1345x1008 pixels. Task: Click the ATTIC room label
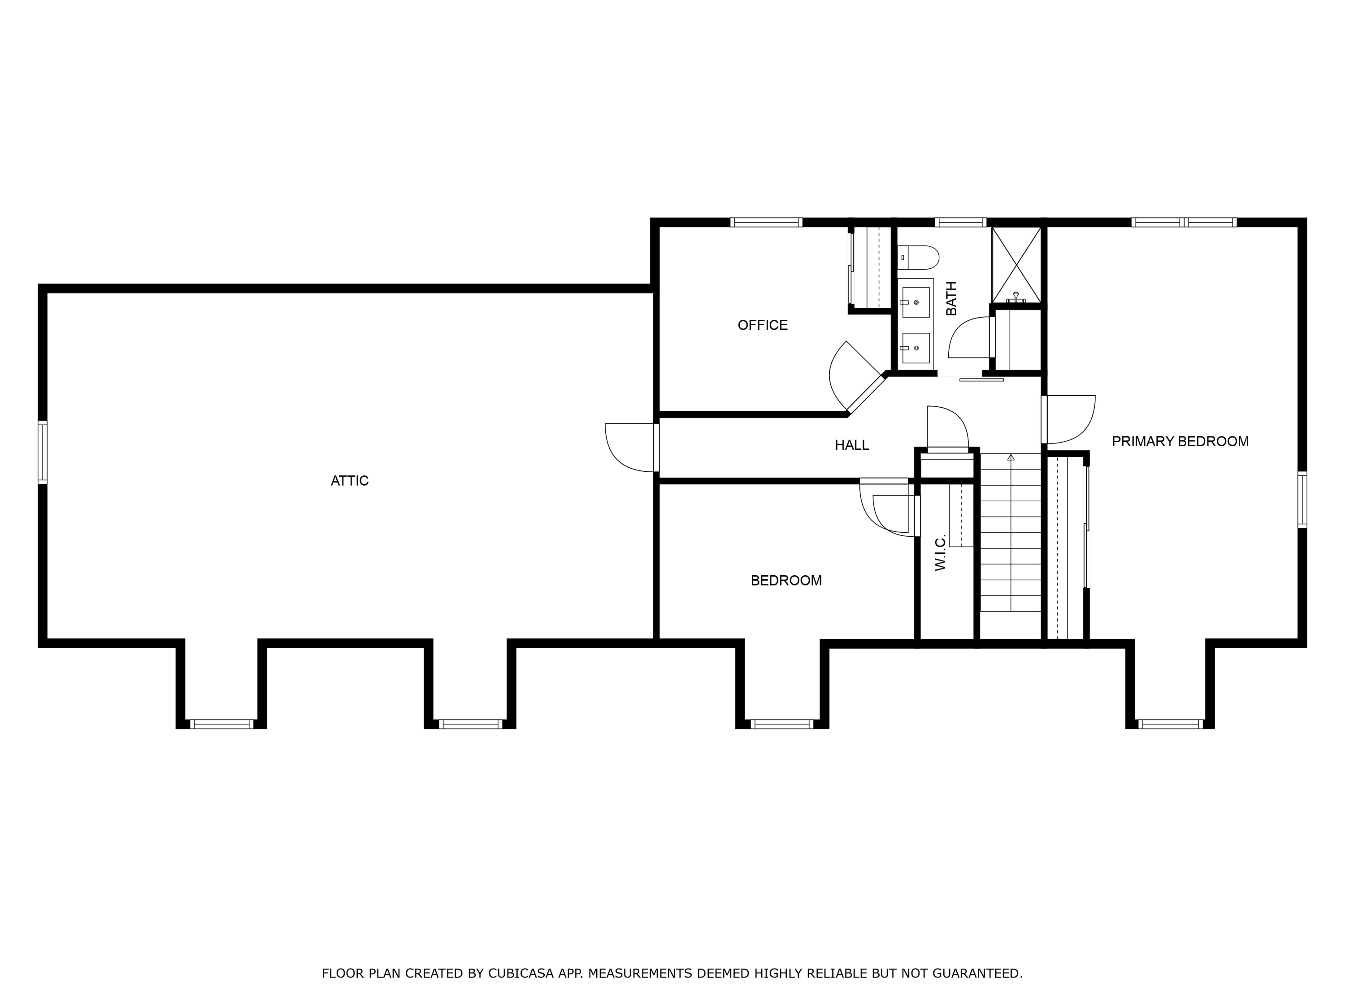(350, 481)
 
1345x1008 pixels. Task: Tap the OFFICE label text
(763, 325)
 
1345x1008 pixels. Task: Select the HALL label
(851, 445)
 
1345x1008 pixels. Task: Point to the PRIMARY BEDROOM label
(1180, 442)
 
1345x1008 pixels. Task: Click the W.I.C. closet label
(940, 552)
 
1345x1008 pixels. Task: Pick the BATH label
(952, 298)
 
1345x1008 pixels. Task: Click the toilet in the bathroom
(919, 258)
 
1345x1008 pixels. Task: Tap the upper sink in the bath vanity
(915, 302)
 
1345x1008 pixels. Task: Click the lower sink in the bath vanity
(915, 348)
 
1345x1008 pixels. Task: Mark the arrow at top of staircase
(1011, 457)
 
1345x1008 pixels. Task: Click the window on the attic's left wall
(43, 452)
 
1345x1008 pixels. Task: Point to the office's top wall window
(766, 222)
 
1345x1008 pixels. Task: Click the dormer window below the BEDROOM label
(782, 724)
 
